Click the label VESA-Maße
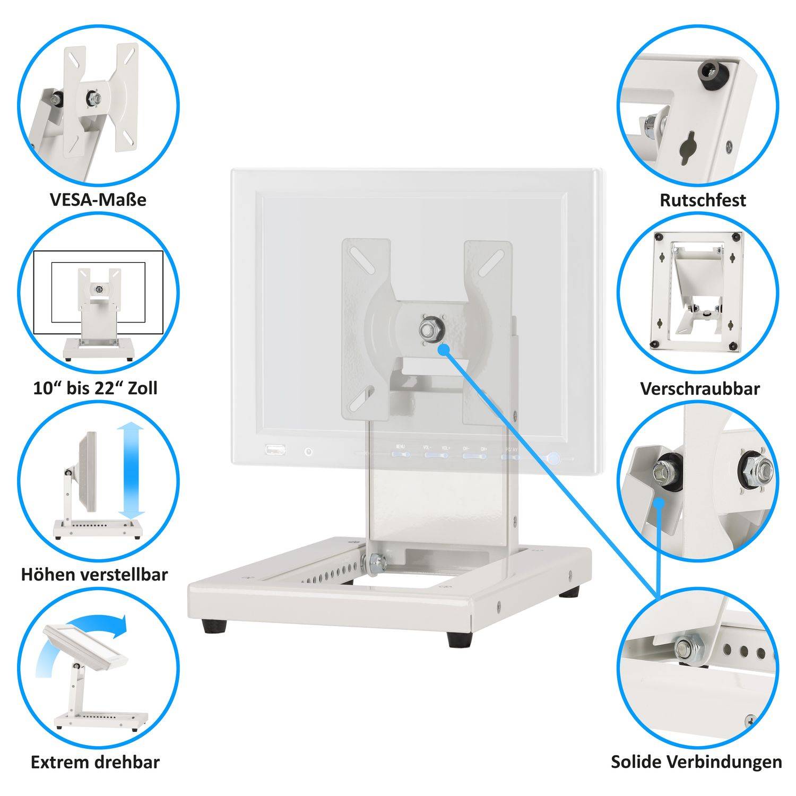point(98,200)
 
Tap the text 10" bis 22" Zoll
point(96,388)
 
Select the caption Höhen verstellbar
point(94,574)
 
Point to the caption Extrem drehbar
point(95,763)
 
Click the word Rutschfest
point(703,200)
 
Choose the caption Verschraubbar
point(700,388)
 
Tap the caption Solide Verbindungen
point(696,762)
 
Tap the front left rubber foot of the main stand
point(214,626)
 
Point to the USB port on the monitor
point(275,451)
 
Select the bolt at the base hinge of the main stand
point(375,564)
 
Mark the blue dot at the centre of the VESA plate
point(444,348)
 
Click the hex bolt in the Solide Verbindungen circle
point(687,649)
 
